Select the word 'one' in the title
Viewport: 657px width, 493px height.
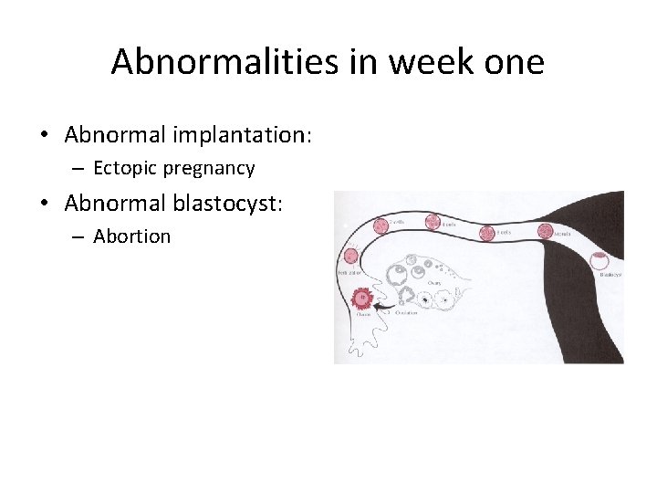513,62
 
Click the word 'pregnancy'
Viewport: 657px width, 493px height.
211,169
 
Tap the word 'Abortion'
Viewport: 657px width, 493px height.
131,236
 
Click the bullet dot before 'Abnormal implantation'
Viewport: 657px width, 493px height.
44,136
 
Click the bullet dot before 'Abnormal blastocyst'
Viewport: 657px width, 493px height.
44,204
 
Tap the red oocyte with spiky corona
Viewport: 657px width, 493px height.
362,299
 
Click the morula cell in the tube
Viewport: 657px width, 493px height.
545,232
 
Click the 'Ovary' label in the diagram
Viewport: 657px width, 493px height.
434,283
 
